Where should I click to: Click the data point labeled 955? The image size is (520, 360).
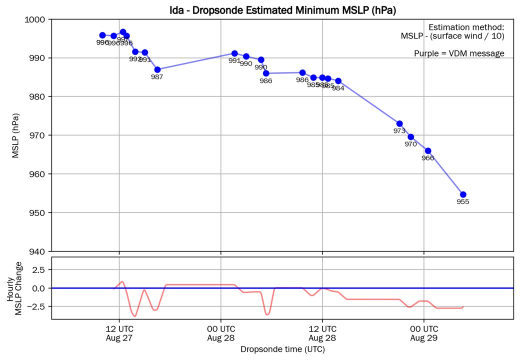pos(463,194)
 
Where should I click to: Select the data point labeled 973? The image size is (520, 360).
pos(399,123)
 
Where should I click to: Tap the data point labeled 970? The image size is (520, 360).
pos(411,136)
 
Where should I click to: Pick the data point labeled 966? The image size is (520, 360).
pos(428,151)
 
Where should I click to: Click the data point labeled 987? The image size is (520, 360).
pos(157,69)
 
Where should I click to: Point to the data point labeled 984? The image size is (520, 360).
pos(338,81)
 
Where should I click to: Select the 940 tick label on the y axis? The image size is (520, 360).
pos(38,251)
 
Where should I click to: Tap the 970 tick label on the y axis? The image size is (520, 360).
pos(38,135)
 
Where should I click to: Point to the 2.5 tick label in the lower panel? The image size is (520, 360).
pos(39,269)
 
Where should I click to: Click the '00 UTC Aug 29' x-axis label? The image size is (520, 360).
pos(424,333)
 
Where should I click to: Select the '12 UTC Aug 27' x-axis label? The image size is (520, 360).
pos(119,333)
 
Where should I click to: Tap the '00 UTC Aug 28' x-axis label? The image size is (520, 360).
pos(220,333)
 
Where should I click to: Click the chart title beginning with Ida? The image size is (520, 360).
pos(282,9)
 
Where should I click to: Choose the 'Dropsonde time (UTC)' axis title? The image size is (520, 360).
pos(282,349)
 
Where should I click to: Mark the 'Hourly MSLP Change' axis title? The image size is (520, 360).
pos(14,288)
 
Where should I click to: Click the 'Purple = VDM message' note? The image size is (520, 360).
pos(459,53)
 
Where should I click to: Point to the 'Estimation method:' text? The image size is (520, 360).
pos(466,27)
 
